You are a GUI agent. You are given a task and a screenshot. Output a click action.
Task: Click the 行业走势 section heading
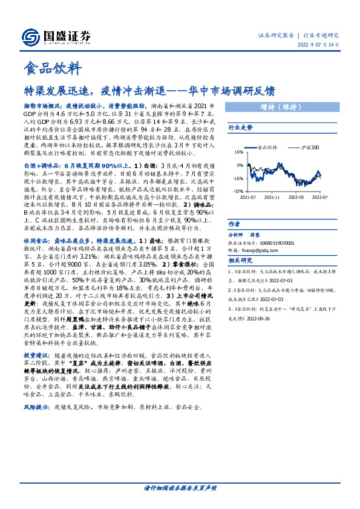(240, 129)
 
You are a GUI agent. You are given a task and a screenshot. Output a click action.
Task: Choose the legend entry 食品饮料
(267, 146)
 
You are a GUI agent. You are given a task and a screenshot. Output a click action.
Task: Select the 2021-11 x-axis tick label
(273, 197)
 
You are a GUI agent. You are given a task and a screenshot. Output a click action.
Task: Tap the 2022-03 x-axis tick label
(296, 197)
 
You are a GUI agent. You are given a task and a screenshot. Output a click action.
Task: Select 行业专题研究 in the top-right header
(321, 35)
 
